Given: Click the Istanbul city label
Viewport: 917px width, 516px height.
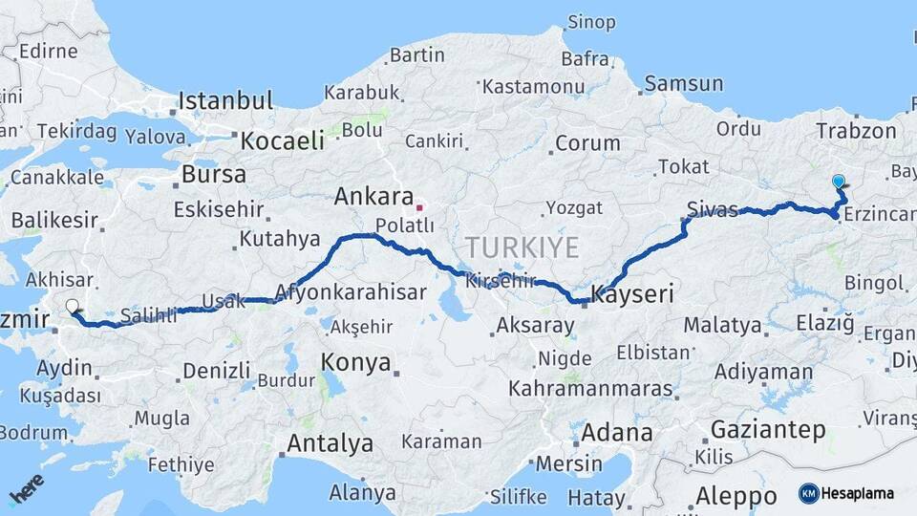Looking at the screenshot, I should pyautogui.click(x=225, y=100).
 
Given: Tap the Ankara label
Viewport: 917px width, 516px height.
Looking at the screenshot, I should pyautogui.click(x=373, y=198).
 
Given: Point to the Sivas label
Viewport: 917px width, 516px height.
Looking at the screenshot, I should pyautogui.click(x=713, y=208).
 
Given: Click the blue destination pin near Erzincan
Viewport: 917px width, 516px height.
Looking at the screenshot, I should pyautogui.click(x=839, y=181).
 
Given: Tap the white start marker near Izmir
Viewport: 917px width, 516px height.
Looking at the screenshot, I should pyautogui.click(x=73, y=307).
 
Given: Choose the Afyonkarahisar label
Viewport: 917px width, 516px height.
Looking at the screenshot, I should pyautogui.click(x=350, y=292).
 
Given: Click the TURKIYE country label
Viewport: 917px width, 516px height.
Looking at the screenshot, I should pyautogui.click(x=522, y=248).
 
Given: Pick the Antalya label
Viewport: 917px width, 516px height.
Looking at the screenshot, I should pyautogui.click(x=331, y=443).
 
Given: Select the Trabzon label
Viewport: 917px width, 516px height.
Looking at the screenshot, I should pyautogui.click(x=854, y=129).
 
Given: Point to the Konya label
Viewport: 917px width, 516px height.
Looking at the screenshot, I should pyautogui.click(x=356, y=362).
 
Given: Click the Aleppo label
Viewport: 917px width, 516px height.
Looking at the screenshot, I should pyautogui.click(x=736, y=496).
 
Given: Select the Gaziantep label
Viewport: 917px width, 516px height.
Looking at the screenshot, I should pyautogui.click(x=768, y=430).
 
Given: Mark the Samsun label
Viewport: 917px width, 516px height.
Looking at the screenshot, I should pyautogui.click(x=683, y=84).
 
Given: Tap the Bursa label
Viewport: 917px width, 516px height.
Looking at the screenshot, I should pyautogui.click(x=213, y=175).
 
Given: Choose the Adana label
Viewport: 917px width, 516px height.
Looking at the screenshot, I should pyautogui.click(x=617, y=432).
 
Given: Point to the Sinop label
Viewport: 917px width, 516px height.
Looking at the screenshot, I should pyautogui.click(x=591, y=21).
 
